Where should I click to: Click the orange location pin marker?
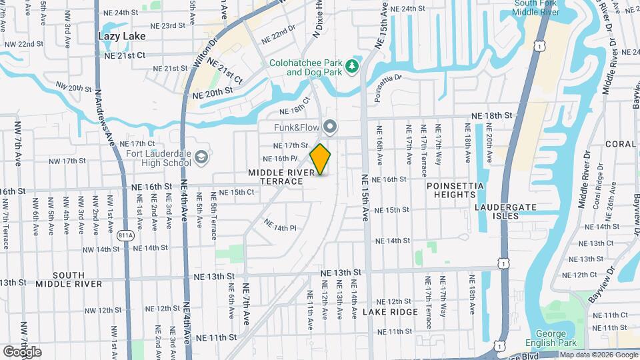[320, 159]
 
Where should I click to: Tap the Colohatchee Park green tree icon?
[351, 66]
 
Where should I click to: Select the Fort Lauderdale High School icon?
[202, 157]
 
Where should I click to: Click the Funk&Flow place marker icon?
[329, 127]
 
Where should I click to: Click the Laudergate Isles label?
[505, 211]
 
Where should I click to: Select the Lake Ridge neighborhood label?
[390, 311]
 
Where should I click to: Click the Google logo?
[22, 351]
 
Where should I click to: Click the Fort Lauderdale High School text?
[158, 157]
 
